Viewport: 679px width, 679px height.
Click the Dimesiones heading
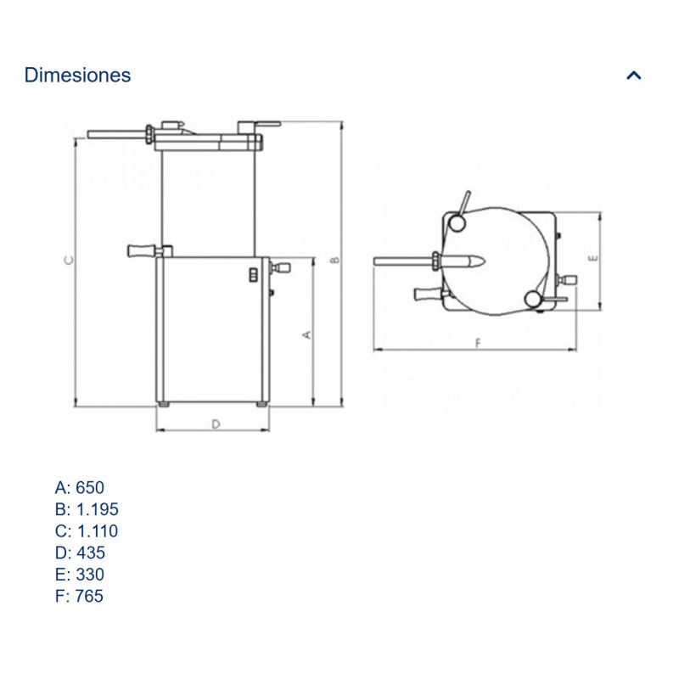(77, 75)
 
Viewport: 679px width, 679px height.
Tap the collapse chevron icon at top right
(633, 75)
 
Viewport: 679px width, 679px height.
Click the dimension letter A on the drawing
(307, 334)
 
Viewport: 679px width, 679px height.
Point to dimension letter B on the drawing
(335, 258)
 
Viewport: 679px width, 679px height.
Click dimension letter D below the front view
(216, 422)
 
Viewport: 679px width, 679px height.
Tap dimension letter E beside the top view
(593, 255)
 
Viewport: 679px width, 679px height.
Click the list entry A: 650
(79, 487)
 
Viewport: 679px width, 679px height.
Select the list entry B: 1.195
(86, 509)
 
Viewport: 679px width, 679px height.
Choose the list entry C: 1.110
(86, 531)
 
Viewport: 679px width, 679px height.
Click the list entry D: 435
(80, 553)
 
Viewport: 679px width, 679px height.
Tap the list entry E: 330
(79, 575)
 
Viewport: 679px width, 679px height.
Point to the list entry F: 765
(79, 597)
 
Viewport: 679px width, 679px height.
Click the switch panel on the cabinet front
(252, 274)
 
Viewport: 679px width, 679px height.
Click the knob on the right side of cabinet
(281, 268)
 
